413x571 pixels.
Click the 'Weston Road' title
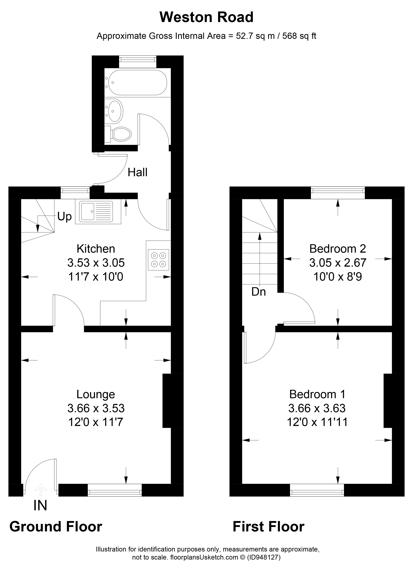tap(206, 17)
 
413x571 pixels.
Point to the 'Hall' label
tap(137, 172)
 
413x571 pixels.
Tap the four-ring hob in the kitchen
tap(158, 260)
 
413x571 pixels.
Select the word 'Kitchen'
tap(96, 249)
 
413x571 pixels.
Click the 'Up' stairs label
tap(65, 216)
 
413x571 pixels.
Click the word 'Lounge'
tap(96, 394)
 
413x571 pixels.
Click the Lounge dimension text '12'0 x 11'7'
tap(96, 422)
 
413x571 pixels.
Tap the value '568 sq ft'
tap(299, 36)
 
